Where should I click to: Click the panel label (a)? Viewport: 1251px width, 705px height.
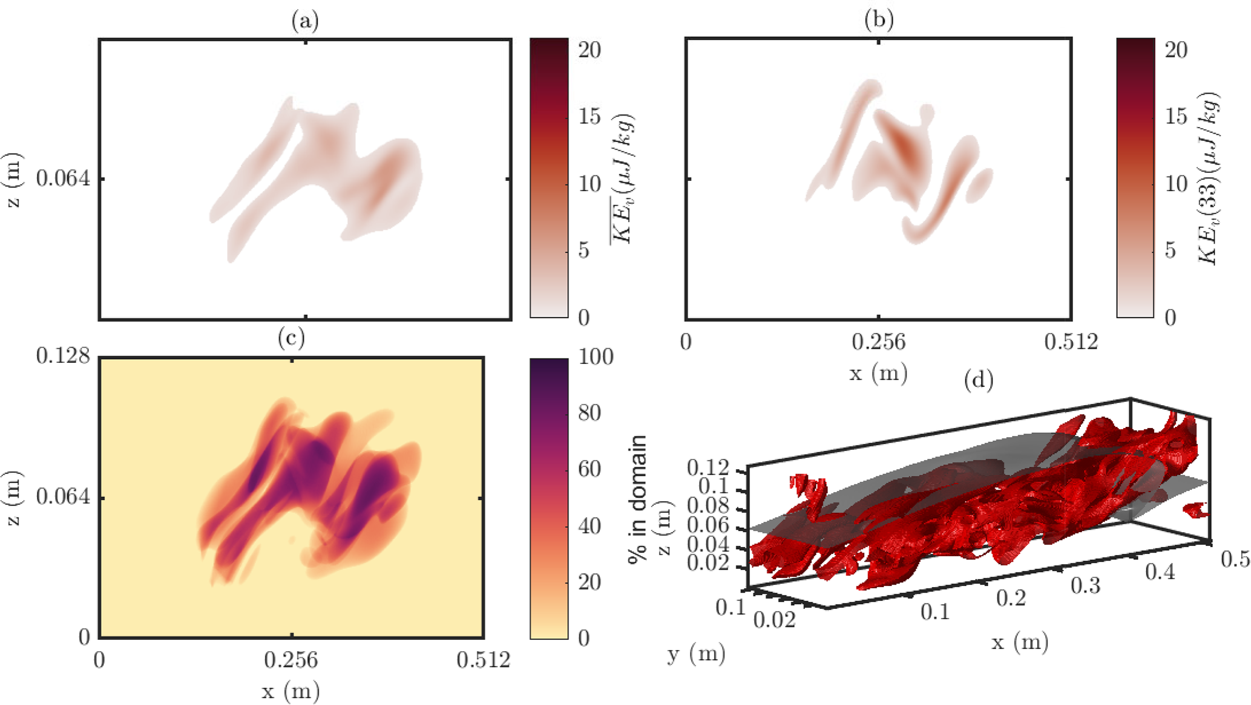coord(304,22)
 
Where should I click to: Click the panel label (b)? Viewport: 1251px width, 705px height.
coord(878,20)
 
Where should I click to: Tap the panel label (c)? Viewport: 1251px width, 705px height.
coord(291,337)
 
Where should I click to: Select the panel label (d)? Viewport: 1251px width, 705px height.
coord(978,380)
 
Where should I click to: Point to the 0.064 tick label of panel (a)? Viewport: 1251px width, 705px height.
coord(63,179)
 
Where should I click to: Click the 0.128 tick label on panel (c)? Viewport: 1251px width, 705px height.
coord(63,356)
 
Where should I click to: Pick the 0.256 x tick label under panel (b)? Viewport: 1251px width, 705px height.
coord(878,342)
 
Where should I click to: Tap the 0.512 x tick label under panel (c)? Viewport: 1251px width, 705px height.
coord(483,660)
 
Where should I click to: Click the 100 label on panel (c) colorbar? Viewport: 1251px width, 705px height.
coord(596,357)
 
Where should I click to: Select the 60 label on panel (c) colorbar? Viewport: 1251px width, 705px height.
coord(589,469)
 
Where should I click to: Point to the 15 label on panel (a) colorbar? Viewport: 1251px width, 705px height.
coord(589,116)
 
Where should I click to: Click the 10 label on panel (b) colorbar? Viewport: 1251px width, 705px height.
coord(1176,184)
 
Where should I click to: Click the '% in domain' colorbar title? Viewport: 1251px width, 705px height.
coord(637,499)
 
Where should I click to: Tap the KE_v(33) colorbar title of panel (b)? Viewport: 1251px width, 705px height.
coord(1208,179)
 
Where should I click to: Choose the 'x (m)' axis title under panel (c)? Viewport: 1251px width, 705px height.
coord(291,690)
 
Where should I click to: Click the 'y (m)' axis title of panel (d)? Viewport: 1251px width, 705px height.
coord(696,654)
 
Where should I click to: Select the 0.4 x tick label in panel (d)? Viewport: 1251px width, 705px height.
coord(1160,571)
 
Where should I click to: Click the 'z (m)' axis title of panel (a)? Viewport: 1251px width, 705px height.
coord(13,180)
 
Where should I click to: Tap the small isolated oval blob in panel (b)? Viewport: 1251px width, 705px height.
coord(979,185)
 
